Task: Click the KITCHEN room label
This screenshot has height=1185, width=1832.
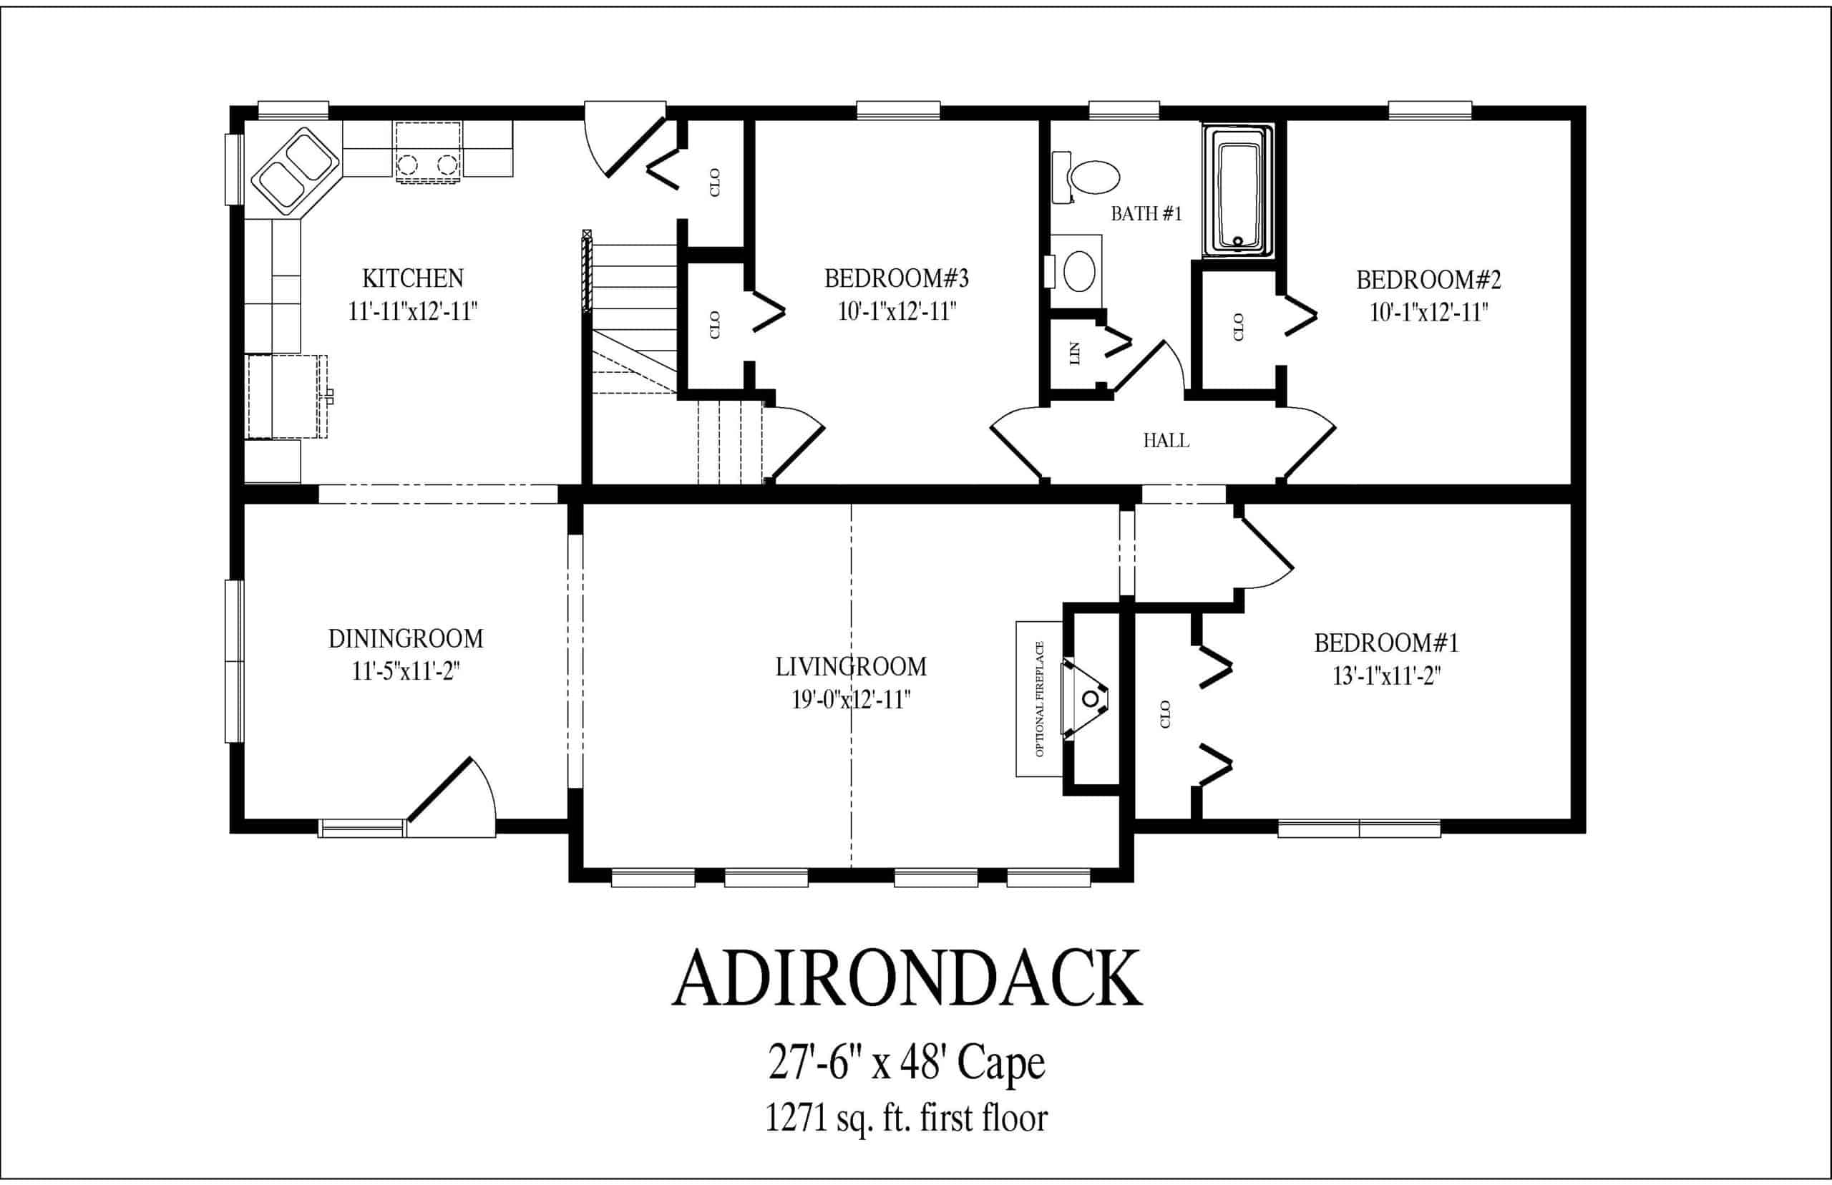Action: [413, 278]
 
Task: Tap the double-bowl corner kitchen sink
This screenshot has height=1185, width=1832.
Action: [296, 171]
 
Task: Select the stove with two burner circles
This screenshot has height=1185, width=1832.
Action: [428, 152]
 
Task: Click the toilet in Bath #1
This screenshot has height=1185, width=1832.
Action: [1086, 177]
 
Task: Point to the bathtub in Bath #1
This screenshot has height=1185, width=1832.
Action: [1238, 190]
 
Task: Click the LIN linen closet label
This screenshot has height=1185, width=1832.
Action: [1075, 353]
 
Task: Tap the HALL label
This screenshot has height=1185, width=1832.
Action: [1166, 440]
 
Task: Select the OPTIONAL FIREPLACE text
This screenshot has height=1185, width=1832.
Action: [1040, 698]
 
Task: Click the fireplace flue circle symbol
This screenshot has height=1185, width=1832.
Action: [1091, 698]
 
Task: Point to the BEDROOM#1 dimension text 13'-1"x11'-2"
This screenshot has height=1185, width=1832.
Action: [1385, 676]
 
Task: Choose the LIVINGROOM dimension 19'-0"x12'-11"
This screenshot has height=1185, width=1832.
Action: [851, 699]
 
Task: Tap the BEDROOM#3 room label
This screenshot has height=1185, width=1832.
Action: [897, 278]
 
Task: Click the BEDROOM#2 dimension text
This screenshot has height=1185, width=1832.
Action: [1429, 313]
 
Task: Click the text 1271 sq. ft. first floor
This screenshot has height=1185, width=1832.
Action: [907, 1118]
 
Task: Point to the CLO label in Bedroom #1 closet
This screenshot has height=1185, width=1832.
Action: [1165, 714]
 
